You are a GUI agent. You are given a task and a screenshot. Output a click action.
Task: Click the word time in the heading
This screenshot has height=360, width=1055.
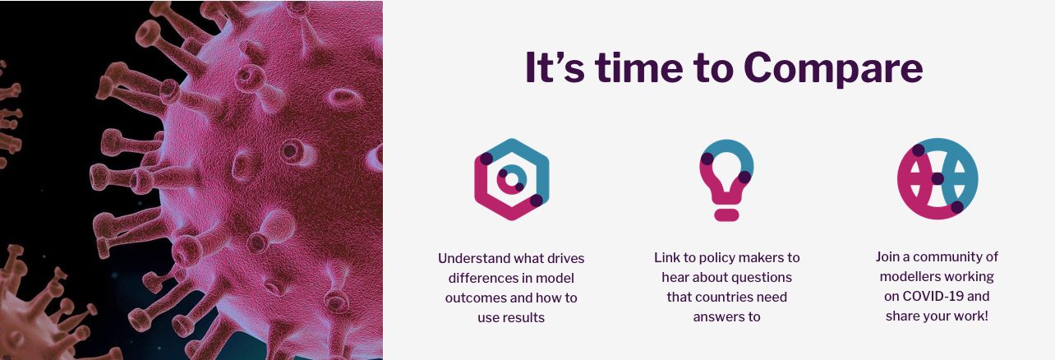pos(639,67)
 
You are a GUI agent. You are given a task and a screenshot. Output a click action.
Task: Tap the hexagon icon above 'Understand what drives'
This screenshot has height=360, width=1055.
pos(512,179)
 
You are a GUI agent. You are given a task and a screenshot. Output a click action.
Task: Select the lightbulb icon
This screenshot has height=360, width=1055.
pos(726,180)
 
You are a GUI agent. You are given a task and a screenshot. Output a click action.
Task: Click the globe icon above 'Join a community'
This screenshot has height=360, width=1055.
pos(938,178)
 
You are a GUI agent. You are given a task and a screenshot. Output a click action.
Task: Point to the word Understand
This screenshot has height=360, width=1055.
pos(474,258)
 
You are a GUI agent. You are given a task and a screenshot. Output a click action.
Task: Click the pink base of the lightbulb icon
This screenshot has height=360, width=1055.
pos(726,215)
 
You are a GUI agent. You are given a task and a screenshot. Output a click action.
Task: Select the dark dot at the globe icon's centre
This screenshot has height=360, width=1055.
pos(938,178)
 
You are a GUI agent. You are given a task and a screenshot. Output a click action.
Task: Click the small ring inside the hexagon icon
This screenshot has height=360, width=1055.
pos(512,179)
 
